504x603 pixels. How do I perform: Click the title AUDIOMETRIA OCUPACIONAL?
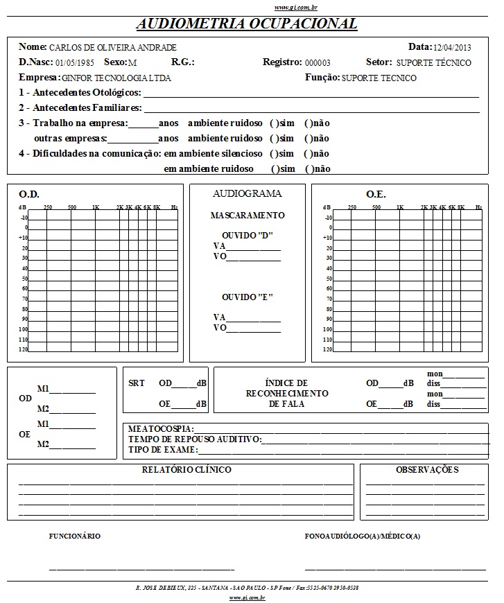(247, 24)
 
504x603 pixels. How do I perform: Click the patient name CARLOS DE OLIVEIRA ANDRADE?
(112, 48)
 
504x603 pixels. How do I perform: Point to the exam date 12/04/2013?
(452, 48)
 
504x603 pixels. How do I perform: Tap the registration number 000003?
(318, 63)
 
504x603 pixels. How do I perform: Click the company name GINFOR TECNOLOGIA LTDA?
(116, 78)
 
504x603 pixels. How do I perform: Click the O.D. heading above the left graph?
(29, 195)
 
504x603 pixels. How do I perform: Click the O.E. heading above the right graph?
(376, 195)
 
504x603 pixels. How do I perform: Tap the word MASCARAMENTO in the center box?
(247, 216)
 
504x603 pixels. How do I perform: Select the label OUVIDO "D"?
(247, 235)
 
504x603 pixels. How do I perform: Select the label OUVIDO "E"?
(247, 297)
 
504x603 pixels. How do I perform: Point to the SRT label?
(137, 383)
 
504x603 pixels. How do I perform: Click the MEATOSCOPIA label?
(161, 430)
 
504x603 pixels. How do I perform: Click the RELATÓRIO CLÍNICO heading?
(186, 470)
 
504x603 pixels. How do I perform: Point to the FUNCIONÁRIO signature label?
(75, 536)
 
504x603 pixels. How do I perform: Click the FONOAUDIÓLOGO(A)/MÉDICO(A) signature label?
(363, 536)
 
